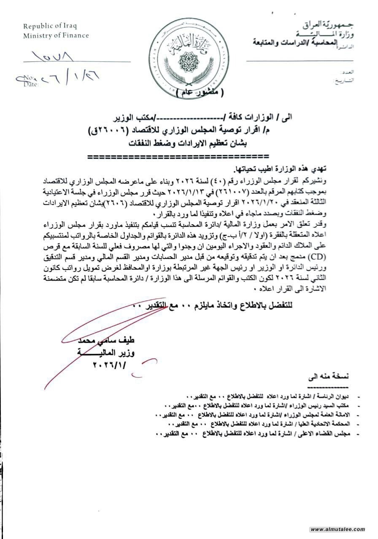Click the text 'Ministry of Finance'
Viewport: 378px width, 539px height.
(x=56, y=35)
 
